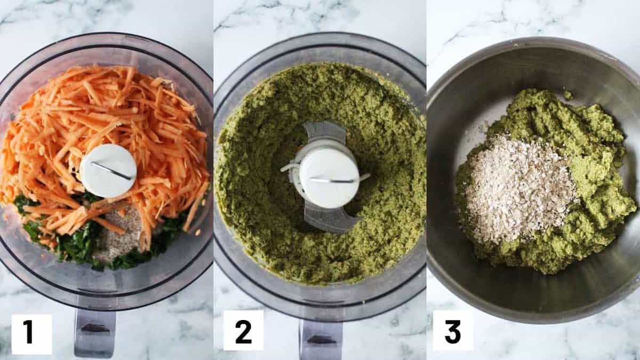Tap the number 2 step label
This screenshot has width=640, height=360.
point(243,331)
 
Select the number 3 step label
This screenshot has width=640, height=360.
point(453,331)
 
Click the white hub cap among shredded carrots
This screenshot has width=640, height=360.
point(108,171)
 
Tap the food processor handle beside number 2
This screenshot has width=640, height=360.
point(321,340)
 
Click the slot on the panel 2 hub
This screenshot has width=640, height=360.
point(332,180)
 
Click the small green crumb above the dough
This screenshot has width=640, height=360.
point(568,95)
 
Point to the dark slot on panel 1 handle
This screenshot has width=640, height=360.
point(95,329)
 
